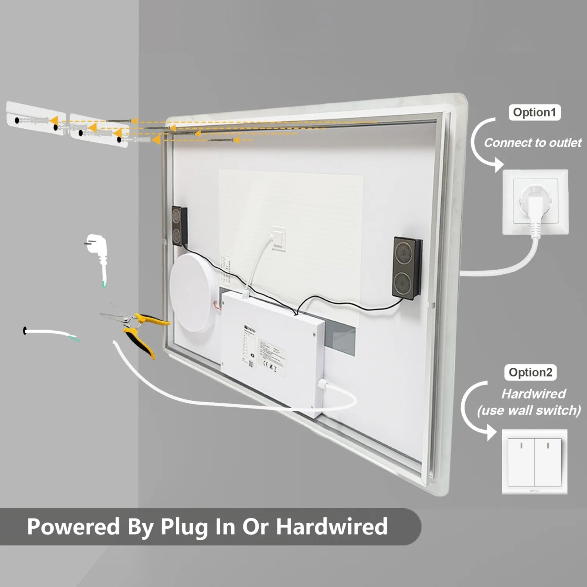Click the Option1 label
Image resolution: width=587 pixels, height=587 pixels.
(x=534, y=113)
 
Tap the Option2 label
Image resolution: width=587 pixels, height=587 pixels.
(x=530, y=373)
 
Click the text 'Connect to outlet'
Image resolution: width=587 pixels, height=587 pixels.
(x=533, y=143)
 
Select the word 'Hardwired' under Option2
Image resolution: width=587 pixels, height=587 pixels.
(x=533, y=394)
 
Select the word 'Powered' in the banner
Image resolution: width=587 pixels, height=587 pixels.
(x=74, y=527)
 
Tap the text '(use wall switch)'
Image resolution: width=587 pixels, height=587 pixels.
(x=529, y=411)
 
